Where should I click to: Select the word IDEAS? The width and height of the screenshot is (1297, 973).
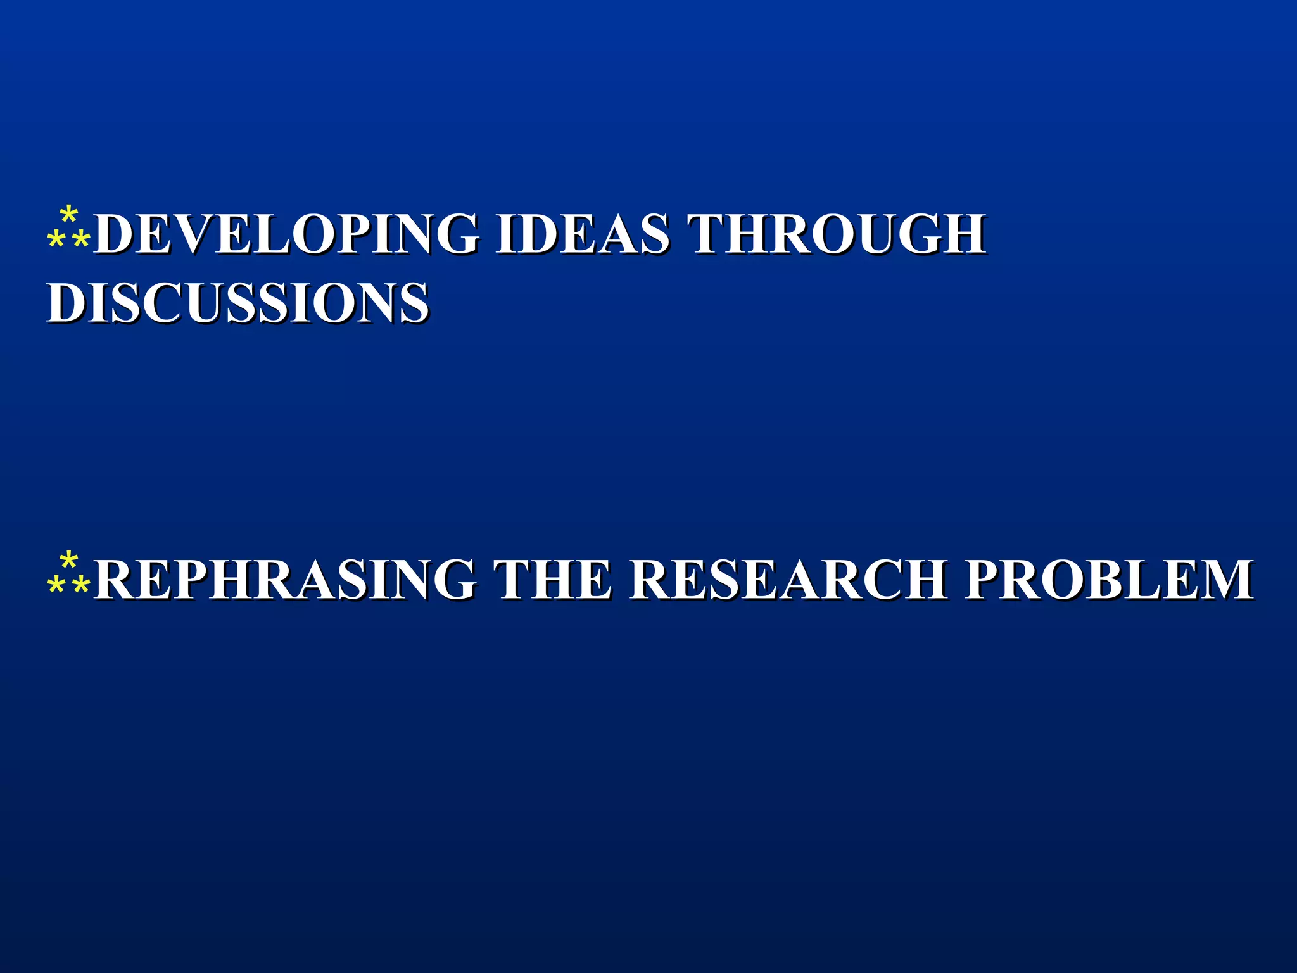point(583,234)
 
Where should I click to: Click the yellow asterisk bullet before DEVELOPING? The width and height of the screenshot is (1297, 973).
point(68,228)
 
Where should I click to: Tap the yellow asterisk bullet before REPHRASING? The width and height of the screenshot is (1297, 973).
point(68,574)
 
